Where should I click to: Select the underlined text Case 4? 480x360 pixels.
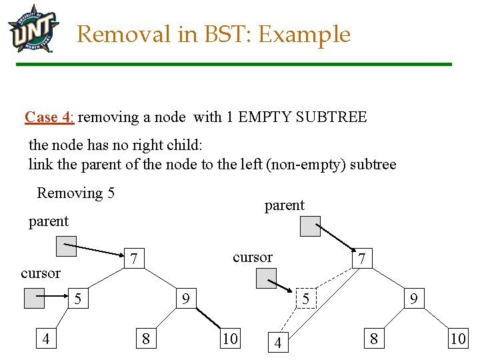pos(49,117)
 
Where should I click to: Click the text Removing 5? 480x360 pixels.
pos(75,193)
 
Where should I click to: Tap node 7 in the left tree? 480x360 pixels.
pos(134,258)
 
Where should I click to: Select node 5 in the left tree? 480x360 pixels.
pos(78,299)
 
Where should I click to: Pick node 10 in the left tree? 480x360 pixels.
pos(230,339)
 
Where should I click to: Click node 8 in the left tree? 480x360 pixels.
pos(146,339)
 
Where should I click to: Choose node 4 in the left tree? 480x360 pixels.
pos(45,339)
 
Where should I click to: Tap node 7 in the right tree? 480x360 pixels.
pos(361,258)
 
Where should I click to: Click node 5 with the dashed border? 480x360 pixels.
pos(305,299)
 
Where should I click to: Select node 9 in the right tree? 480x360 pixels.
pos(414,299)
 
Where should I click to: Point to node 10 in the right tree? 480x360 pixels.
pos(458,339)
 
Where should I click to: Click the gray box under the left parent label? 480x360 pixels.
pos(66,247)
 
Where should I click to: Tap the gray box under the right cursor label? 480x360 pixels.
pos(266,279)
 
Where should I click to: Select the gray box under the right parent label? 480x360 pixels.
pos(310,227)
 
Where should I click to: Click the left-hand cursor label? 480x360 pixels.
pos(41,273)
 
